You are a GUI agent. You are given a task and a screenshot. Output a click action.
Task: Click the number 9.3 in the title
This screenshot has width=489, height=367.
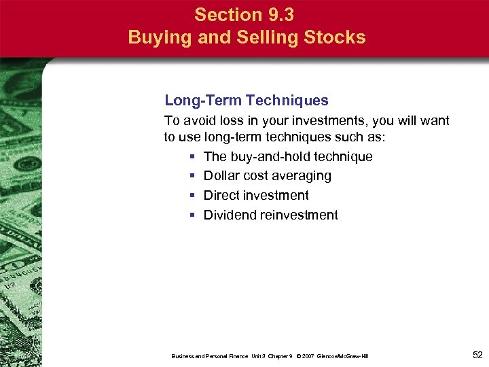(x=281, y=14)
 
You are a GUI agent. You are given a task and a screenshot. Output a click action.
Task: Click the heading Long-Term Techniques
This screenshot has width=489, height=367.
(x=247, y=101)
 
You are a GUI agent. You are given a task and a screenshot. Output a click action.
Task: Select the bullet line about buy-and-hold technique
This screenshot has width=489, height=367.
(x=288, y=156)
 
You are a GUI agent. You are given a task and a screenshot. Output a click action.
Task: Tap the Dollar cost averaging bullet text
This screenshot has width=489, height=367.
(x=268, y=175)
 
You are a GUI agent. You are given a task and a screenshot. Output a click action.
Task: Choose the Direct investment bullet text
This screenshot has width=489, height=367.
(x=256, y=195)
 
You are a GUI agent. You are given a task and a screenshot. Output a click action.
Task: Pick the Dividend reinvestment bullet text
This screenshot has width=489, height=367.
(x=270, y=215)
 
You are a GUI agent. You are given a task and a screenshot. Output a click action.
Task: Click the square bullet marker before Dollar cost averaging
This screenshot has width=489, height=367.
(x=193, y=176)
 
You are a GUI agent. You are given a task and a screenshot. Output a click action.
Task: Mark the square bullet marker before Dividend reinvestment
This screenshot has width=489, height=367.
(x=193, y=215)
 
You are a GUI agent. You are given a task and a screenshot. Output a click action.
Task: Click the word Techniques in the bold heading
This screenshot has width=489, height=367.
(x=287, y=101)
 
